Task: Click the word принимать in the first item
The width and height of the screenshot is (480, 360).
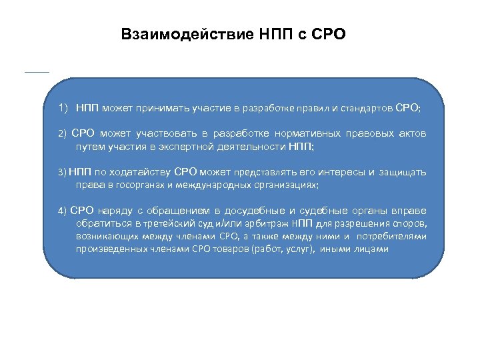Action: point(163,107)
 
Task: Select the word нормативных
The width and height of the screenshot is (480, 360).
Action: point(303,133)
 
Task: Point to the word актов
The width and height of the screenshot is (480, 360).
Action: point(411,133)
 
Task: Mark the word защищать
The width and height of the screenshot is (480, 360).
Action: point(403,173)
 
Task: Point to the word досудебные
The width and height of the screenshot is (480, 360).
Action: point(255,211)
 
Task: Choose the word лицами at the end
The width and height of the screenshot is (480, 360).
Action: point(370,249)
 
